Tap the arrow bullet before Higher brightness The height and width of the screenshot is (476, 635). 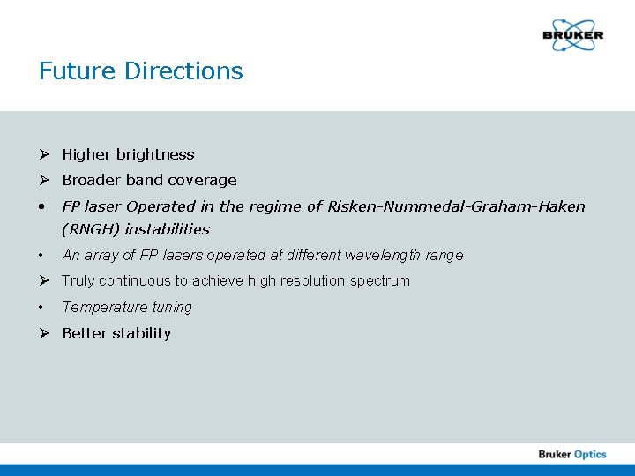43,154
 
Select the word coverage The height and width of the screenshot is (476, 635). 205,180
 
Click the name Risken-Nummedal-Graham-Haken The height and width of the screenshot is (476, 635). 456,206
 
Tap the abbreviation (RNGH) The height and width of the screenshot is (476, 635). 91,229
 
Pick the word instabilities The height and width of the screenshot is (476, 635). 168,229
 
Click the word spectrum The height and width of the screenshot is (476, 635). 378,281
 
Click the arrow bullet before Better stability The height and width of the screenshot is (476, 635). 43,333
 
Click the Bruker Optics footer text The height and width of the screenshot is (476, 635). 572,454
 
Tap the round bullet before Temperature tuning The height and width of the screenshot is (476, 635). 42,308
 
